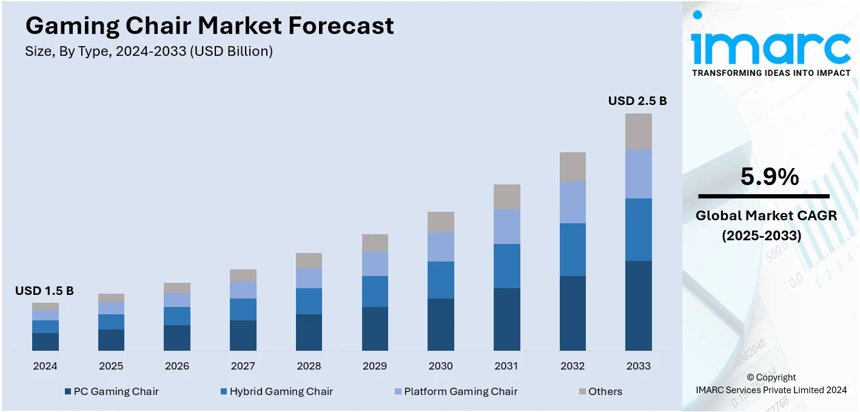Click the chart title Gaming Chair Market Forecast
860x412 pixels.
click(x=209, y=26)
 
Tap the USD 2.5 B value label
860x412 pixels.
click(x=637, y=101)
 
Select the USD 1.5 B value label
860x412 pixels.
click(x=44, y=291)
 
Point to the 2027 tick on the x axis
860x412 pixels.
click(x=243, y=366)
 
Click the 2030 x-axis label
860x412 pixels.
click(x=440, y=366)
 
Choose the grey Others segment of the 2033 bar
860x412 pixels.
click(x=638, y=132)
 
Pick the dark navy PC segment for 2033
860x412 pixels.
click(x=638, y=305)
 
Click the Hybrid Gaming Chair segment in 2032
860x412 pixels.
click(x=573, y=249)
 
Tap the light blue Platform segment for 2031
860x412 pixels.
click(x=506, y=226)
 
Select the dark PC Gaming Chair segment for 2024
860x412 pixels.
click(x=45, y=342)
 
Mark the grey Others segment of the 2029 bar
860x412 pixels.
click(x=375, y=243)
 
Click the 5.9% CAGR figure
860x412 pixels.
click(x=769, y=177)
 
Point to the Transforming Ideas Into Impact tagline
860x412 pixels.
click(x=771, y=73)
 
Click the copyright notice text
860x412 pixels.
click(x=771, y=383)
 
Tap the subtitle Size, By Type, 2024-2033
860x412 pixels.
click(x=149, y=52)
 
